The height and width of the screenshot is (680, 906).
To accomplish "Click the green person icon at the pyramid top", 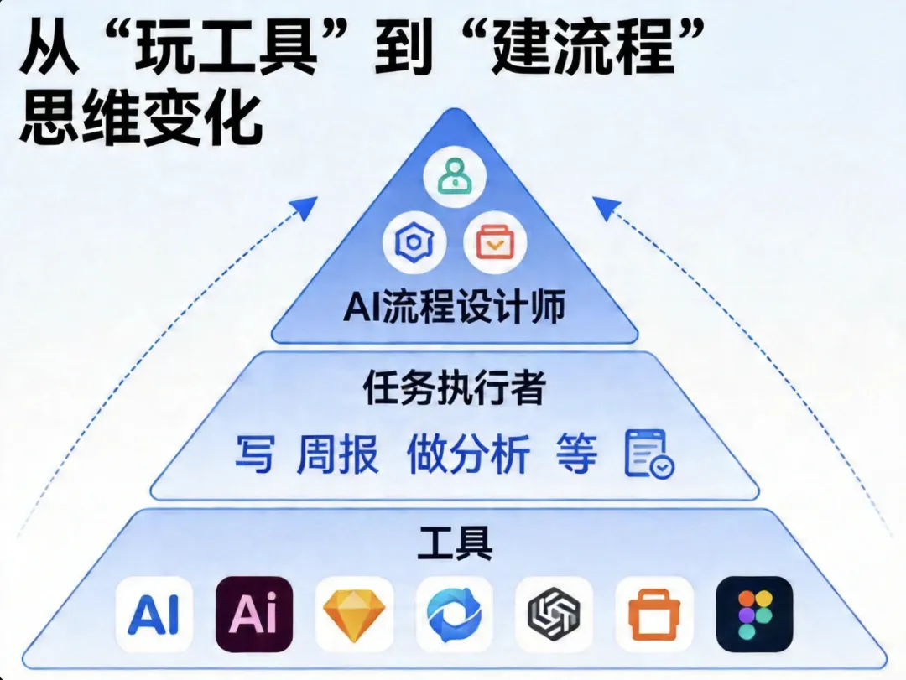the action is coord(454,174).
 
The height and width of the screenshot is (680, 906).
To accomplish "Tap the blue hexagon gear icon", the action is coord(413,243).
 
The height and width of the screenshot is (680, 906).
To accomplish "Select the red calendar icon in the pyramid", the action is coord(495,243).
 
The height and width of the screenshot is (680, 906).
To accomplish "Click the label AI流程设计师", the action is coord(454,308).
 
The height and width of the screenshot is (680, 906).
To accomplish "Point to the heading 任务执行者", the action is coord(454,389).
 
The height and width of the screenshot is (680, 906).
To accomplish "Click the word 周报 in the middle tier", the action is coord(338,454).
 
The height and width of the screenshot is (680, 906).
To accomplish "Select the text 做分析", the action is coord(468,454).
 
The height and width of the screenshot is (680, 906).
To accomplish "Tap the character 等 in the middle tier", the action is coord(577,454).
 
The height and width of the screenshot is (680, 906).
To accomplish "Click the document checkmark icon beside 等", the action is coord(648,454).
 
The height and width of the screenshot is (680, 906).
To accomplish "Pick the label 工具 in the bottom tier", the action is coord(454,544).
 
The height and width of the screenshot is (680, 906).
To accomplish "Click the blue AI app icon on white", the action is coord(154,615).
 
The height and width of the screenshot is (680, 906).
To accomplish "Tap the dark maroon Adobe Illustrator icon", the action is coord(254,615).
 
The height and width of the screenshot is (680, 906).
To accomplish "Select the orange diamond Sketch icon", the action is coord(354,615).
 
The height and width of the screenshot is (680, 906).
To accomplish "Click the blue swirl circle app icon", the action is coord(454,615).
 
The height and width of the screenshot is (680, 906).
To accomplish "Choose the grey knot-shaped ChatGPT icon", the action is coord(554,615).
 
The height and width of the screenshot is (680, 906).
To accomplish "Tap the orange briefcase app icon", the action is coord(654,615).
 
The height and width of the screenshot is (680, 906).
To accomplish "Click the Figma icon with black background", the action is coord(754,615).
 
